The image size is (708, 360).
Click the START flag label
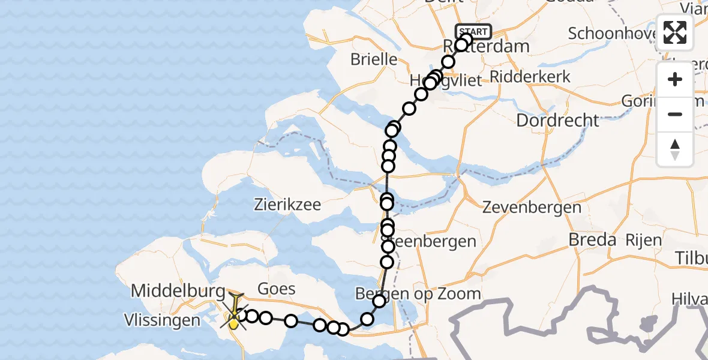pyautogui.click(x=474, y=32)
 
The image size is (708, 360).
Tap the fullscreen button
pyautogui.click(x=675, y=32)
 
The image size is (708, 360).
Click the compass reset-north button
pyautogui.click(x=675, y=149)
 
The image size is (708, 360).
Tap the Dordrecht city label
pyautogui.click(x=557, y=120)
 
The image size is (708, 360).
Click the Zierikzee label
pyautogui.click(x=287, y=205)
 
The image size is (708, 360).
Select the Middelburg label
pyautogui.click(x=178, y=291)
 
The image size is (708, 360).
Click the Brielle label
pyautogui.click(x=374, y=59)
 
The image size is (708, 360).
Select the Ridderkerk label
pyautogui.click(x=530, y=76)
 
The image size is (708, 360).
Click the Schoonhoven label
pyautogui.click(x=612, y=34)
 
